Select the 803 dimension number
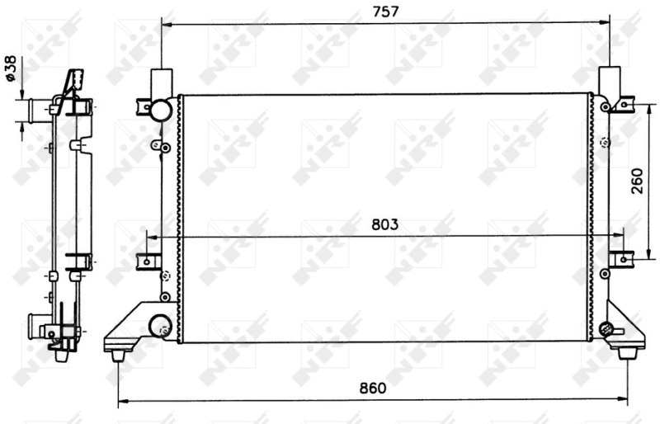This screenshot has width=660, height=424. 384,224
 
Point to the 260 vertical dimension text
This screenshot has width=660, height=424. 638,181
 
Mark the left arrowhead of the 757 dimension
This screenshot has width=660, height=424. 166,24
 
